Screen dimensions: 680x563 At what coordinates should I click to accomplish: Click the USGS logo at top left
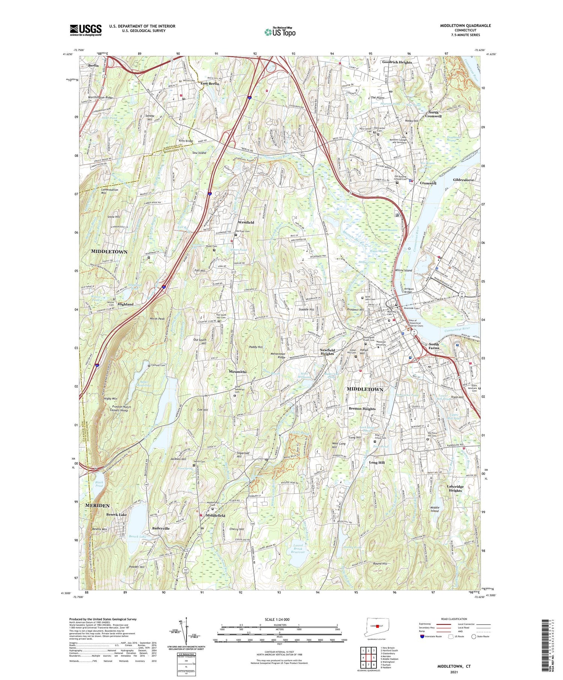(x=86, y=30)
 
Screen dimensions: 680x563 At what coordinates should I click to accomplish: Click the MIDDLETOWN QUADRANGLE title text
(x=465, y=26)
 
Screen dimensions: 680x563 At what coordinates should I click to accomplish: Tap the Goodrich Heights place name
(x=397, y=62)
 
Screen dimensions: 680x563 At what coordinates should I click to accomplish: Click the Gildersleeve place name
(x=464, y=180)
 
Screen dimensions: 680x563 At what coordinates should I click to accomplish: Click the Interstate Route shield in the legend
(x=423, y=636)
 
